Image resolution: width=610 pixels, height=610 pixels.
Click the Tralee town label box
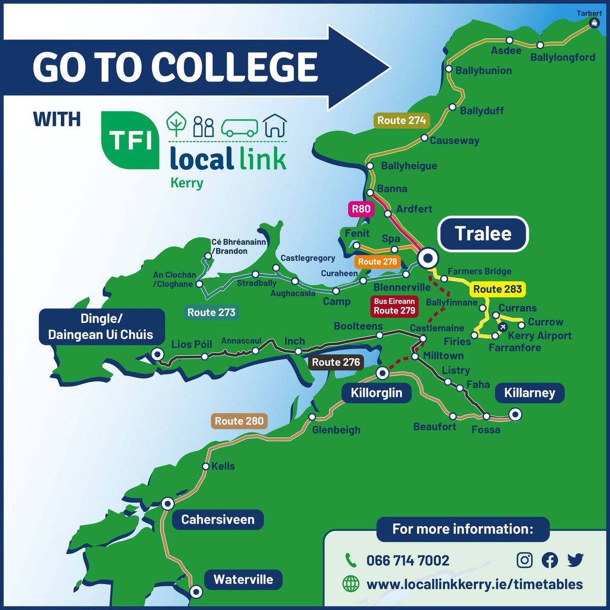pyautogui.click(x=483, y=234)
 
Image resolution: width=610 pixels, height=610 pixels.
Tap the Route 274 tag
pyautogui.click(x=402, y=120)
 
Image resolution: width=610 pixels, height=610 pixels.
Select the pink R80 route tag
pyautogui.click(x=361, y=209)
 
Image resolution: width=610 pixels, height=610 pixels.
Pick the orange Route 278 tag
pyautogui.click(x=377, y=262)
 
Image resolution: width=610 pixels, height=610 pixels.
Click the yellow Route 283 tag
pyautogui.click(x=497, y=289)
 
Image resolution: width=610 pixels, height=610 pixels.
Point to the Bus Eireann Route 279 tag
pyautogui.click(x=394, y=306)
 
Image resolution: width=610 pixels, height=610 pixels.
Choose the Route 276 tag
pyautogui.click(x=335, y=362)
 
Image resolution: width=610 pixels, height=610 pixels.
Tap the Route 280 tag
pyautogui.click(x=239, y=421)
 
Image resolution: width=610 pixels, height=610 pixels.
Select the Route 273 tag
pyautogui.click(x=211, y=312)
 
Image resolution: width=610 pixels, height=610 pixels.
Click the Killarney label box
pyautogui.click(x=529, y=393)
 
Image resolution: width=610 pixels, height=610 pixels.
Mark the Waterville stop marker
pyautogui.click(x=196, y=592)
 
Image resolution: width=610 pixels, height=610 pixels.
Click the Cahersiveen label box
pyautogui.click(x=218, y=520)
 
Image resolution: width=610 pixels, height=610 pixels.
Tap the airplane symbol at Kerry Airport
pyautogui.click(x=503, y=326)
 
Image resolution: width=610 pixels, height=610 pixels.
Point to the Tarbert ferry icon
pyautogui.click(x=594, y=22)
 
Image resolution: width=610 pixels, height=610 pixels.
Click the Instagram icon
pyautogui.click(x=525, y=560)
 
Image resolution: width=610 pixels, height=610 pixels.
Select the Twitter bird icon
pyautogui.click(x=575, y=560)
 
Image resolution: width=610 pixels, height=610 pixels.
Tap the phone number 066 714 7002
pyautogui.click(x=408, y=561)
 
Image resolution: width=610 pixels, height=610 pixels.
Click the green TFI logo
pyautogui.click(x=130, y=140)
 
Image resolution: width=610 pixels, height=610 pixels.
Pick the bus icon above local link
pyautogui.click(x=239, y=127)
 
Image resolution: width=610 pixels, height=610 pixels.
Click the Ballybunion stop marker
pyautogui.click(x=449, y=69)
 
